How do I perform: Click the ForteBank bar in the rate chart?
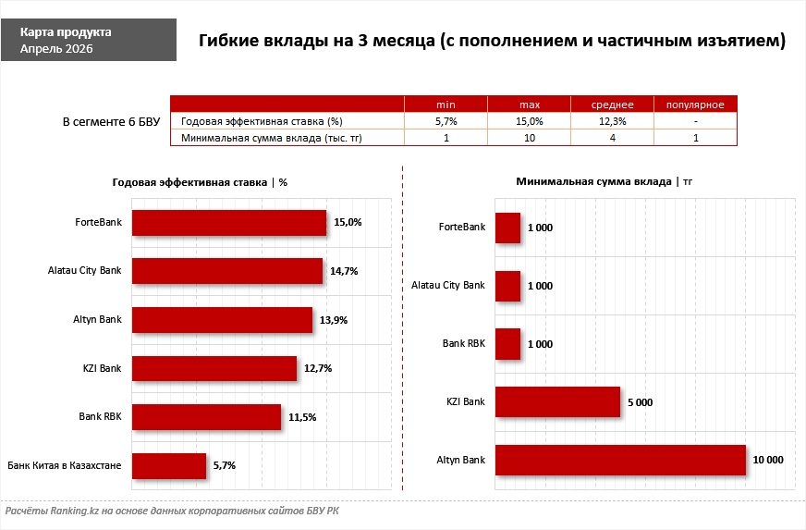(x=229, y=222)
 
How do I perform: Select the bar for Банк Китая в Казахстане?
(x=169, y=465)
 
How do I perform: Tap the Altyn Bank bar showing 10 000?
(x=620, y=460)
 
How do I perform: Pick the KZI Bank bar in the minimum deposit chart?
(x=557, y=401)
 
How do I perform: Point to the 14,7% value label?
(x=344, y=271)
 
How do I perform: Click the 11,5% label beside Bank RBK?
(x=302, y=417)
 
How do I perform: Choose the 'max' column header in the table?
(x=529, y=104)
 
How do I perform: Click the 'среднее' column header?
(x=612, y=104)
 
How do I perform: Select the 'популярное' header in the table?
(x=694, y=104)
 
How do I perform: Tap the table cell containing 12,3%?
(x=612, y=121)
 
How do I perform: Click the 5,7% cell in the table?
(x=446, y=121)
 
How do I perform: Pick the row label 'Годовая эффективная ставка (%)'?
(x=263, y=121)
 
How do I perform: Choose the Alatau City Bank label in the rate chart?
(x=84, y=271)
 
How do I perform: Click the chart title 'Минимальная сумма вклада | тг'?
(x=604, y=181)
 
